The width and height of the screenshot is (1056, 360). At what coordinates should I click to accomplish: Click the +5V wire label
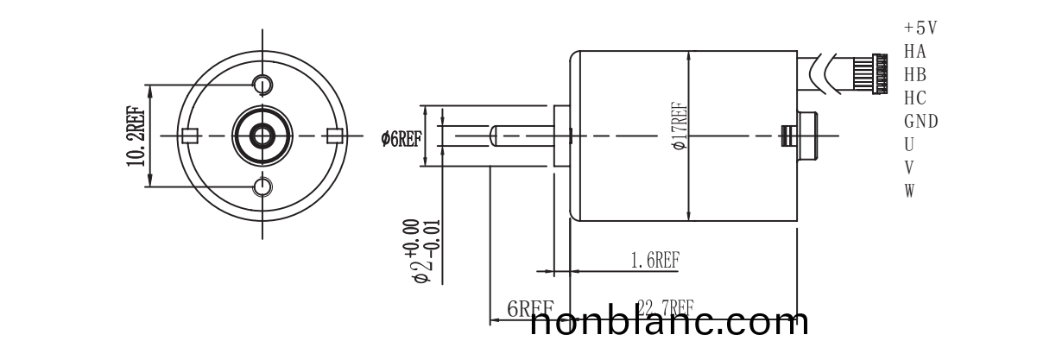[x=920, y=28]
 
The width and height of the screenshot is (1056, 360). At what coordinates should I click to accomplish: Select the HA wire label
[x=915, y=51]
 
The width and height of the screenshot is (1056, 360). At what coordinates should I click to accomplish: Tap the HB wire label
[x=915, y=74]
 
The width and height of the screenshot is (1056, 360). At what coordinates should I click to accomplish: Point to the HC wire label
[x=915, y=98]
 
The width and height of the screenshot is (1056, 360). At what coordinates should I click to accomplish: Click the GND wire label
[x=920, y=121]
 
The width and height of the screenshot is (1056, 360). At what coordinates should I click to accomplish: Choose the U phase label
[x=909, y=144]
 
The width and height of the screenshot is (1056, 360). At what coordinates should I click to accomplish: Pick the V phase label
[x=909, y=167]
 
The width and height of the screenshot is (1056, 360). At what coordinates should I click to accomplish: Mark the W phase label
[x=909, y=190]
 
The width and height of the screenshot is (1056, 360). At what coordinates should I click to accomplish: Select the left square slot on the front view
[x=192, y=135]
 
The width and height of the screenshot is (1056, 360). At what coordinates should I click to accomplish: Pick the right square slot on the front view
[x=335, y=135]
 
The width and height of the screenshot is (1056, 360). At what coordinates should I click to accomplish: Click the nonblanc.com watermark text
[x=669, y=323]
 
